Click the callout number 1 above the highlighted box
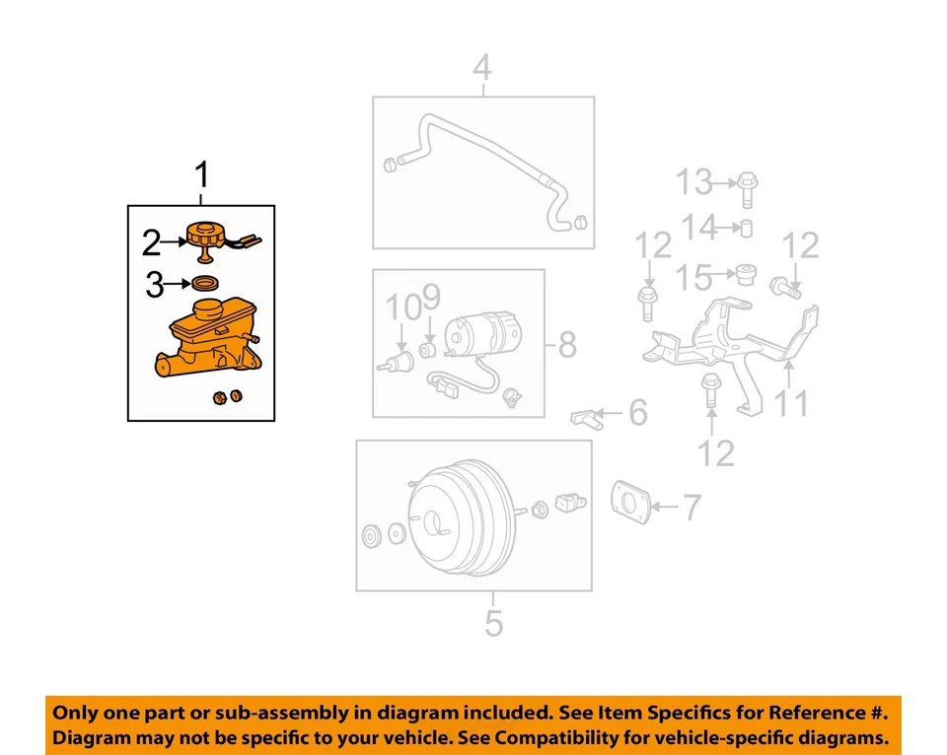[x=201, y=177]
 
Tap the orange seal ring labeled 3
[x=205, y=285]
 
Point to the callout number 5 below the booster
[x=493, y=623]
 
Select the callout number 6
[x=638, y=412]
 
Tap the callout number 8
[x=567, y=345]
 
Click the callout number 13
[x=692, y=182]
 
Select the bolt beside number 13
[x=747, y=187]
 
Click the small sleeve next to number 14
[x=748, y=230]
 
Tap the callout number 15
[x=693, y=277]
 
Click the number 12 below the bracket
[x=716, y=452]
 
